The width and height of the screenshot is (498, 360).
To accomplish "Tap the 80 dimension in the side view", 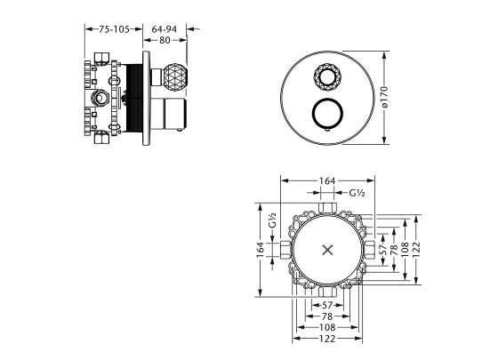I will (163, 41).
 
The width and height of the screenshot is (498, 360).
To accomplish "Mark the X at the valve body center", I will (327, 249).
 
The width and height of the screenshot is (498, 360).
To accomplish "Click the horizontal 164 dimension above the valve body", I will (327, 181).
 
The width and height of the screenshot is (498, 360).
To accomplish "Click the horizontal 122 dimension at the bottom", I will (327, 340).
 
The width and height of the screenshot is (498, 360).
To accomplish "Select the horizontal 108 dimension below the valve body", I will (327, 328).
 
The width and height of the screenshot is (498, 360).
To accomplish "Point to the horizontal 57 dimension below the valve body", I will (327, 305).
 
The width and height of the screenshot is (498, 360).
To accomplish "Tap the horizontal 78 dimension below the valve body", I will (327, 316).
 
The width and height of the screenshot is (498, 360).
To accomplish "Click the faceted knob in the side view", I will (169, 76).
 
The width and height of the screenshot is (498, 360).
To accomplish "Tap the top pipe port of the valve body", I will (327, 207).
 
